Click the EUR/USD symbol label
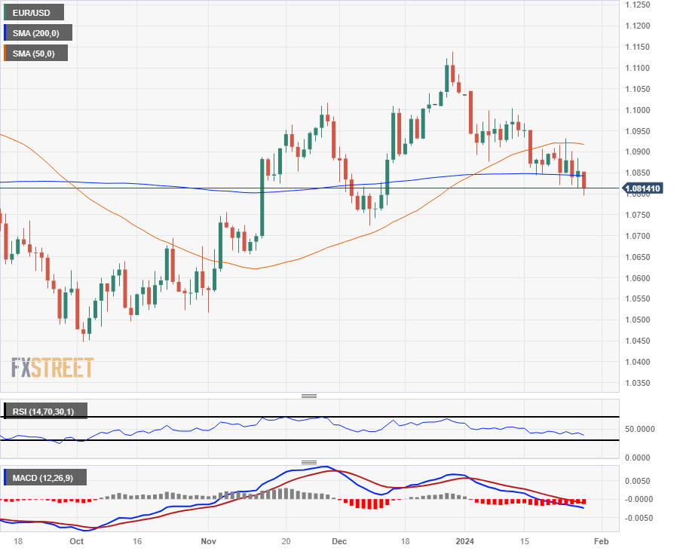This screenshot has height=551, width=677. click(x=32, y=12)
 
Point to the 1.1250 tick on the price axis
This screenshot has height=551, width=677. click(x=642, y=5)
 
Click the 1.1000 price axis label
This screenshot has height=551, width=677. click(x=642, y=110)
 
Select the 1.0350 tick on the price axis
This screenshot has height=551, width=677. click(x=642, y=383)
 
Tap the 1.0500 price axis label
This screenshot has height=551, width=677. click(x=642, y=320)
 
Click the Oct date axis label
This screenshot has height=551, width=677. click(x=76, y=541)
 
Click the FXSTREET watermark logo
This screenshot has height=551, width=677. click(x=52, y=368)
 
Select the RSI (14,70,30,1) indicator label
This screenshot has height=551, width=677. click(x=45, y=412)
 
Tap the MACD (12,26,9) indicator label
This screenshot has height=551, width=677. click(x=44, y=477)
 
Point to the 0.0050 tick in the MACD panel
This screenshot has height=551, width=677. click(x=642, y=480)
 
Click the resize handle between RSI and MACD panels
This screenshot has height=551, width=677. click(x=309, y=462)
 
